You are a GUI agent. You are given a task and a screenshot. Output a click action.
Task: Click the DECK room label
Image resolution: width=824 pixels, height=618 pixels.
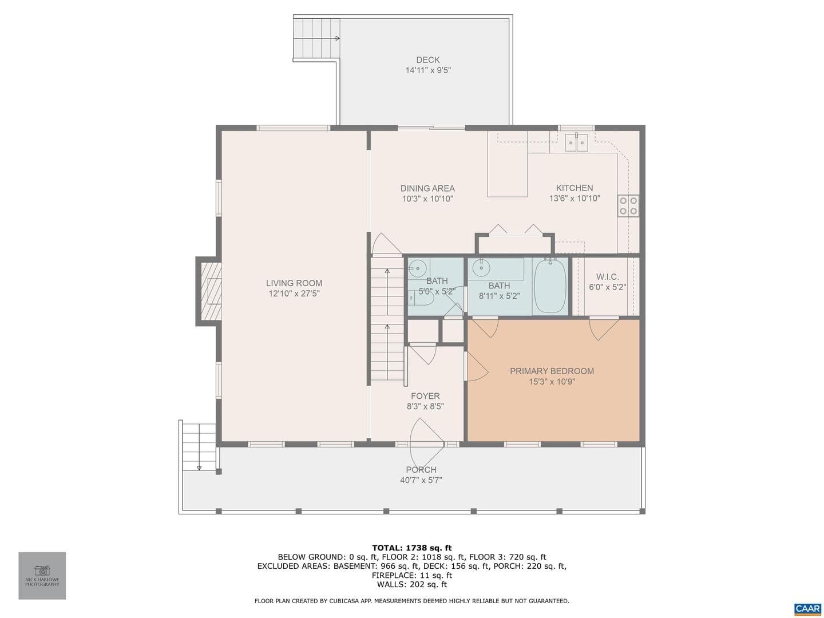tap(427, 60)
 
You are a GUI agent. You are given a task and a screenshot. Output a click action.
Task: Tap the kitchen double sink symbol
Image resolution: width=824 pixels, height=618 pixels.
tap(576, 142)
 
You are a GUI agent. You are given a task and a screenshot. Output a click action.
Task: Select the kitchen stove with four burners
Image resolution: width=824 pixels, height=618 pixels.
tap(628, 205)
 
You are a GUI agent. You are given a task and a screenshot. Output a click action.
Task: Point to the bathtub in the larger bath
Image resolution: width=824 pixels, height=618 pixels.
tap(550, 286)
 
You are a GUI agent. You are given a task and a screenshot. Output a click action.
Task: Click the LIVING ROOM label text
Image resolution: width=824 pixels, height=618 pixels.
tap(294, 283)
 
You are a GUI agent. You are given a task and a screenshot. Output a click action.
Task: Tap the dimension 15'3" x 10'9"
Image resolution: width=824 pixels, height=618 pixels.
tap(552, 382)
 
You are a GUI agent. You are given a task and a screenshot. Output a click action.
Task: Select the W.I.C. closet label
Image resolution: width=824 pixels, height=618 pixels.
tap(607, 277)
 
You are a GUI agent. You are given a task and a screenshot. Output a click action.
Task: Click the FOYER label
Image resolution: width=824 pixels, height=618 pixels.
tap(425, 396)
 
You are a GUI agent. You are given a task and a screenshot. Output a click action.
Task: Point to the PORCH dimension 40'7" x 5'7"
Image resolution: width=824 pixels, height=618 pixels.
tap(421, 480)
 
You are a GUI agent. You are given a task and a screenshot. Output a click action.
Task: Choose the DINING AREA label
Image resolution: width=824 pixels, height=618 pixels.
tap(427, 188)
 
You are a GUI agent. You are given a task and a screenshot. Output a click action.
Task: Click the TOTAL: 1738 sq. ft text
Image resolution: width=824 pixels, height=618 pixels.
tap(412, 548)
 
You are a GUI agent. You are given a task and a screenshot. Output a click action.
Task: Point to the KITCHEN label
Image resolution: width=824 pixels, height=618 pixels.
tap(575, 188)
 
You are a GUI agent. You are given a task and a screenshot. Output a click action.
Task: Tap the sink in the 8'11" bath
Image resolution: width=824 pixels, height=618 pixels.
tap(482, 268)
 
